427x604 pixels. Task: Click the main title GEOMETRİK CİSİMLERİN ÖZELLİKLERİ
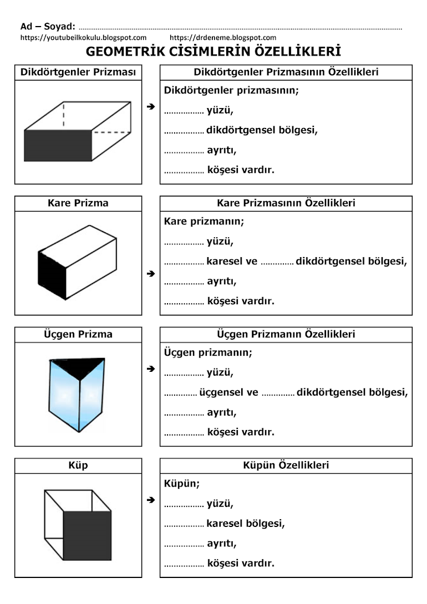pos(213,52)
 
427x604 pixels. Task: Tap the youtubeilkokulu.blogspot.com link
pos(83,38)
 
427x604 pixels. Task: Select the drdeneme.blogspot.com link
pos(223,38)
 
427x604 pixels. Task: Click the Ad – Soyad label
pos(48,26)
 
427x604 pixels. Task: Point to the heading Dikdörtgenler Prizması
pos(78,72)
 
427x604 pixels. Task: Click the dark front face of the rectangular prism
pos(57,145)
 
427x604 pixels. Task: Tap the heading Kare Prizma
pos(78,203)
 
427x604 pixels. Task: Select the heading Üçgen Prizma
pos(78,334)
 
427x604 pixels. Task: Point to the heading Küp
pos(78,465)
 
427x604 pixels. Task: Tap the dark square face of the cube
pos(87,535)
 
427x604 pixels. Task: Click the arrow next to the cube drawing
pos(151,500)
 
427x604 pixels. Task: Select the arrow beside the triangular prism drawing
pos(151,368)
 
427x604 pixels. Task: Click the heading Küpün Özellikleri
pos(286,465)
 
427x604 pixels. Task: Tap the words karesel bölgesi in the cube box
pos(246,523)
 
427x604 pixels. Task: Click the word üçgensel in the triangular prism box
pos(221,392)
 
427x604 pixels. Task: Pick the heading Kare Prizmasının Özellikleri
pos(286,203)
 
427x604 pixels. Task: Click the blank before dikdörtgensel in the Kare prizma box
pos(277,263)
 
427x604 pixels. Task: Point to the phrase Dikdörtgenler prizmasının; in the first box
pos(231,90)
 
